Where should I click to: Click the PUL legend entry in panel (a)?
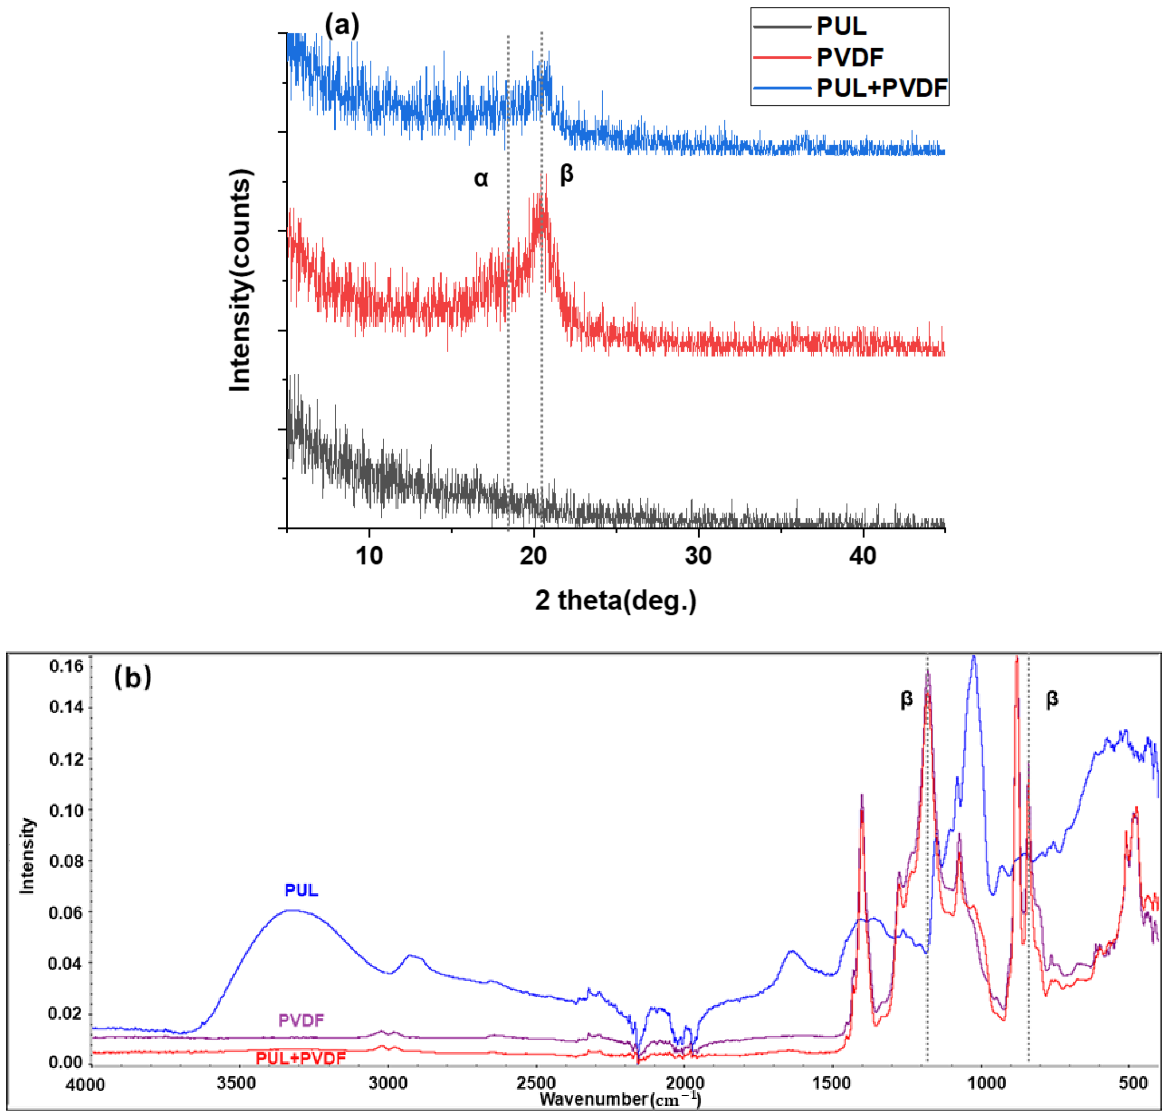click(x=841, y=27)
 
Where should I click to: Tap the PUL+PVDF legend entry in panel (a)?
click(x=881, y=88)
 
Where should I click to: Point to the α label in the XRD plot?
click(x=481, y=178)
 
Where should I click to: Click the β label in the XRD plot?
click(x=566, y=174)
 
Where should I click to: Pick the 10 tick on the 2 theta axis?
click(x=369, y=556)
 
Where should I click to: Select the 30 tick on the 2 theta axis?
click(x=698, y=556)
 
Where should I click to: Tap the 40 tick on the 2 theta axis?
click(x=863, y=556)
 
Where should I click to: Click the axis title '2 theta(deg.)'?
click(x=615, y=600)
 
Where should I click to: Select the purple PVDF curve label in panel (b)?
click(x=301, y=1020)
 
